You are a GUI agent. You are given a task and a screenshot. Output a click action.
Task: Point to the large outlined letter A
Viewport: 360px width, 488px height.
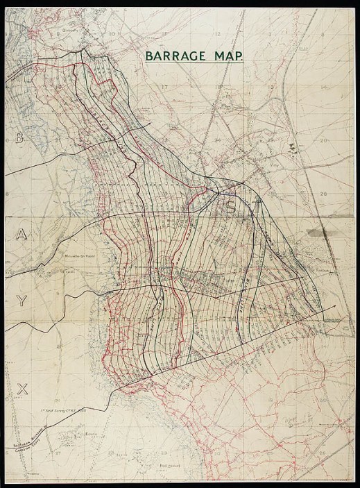point(21,235)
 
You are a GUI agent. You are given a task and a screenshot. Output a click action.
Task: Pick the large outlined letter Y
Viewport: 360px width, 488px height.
point(22,301)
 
